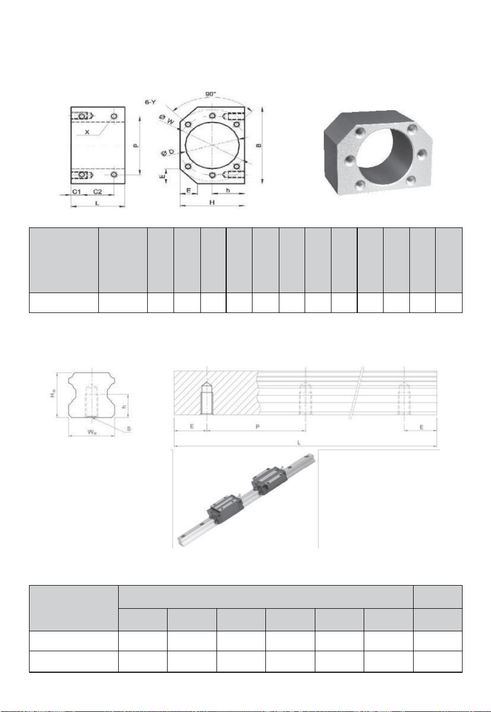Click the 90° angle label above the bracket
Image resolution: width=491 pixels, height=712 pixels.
click(211, 94)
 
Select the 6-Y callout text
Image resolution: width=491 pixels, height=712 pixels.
click(150, 102)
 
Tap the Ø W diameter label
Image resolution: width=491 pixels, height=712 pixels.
click(167, 120)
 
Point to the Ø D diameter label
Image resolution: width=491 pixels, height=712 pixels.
click(168, 153)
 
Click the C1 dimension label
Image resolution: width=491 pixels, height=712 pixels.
click(77, 191)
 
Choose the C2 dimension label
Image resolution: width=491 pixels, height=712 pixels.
click(97, 191)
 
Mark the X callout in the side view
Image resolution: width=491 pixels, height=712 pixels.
click(88, 132)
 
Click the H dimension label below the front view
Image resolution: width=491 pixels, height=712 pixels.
click(212, 203)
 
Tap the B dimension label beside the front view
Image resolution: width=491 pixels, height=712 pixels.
click(259, 146)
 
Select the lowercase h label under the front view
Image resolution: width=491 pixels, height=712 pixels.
click(228, 191)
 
